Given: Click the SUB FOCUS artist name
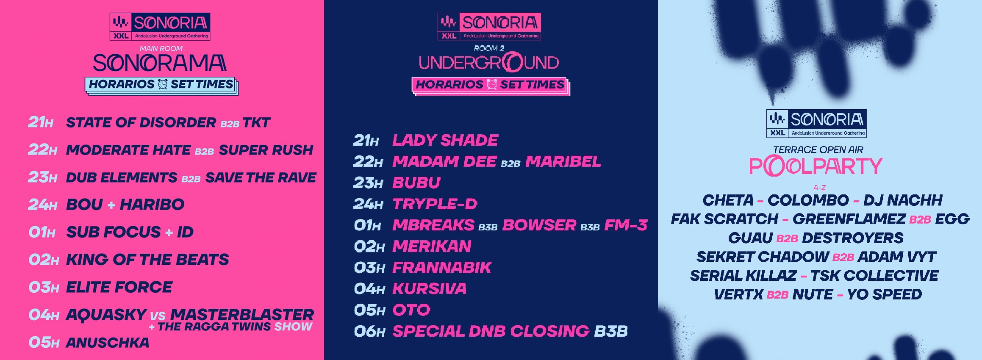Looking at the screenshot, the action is (114, 232).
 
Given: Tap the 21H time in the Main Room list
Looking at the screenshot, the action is (41, 122).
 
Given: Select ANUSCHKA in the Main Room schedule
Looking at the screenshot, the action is (108, 343).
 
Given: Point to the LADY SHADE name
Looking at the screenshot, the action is (445, 140).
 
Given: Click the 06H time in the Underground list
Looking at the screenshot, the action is (369, 331).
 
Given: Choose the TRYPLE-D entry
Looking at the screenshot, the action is (435, 204).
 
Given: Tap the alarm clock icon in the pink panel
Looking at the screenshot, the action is (163, 84).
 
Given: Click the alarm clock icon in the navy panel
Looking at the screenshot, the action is (491, 85).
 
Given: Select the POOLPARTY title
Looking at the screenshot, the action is (816, 166).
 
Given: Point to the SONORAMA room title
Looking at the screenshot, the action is (160, 63).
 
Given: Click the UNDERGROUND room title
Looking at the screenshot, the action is (489, 63).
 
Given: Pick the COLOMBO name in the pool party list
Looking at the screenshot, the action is (808, 200).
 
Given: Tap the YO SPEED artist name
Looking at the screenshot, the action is (885, 294).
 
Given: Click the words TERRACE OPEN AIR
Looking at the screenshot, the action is (818, 150).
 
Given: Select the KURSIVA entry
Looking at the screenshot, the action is (429, 289).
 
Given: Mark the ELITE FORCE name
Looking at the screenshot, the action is (119, 287).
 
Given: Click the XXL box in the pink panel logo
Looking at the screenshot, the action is (121, 36).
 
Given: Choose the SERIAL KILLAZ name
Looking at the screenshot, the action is (743, 276).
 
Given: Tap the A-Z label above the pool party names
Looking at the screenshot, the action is (820, 188).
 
